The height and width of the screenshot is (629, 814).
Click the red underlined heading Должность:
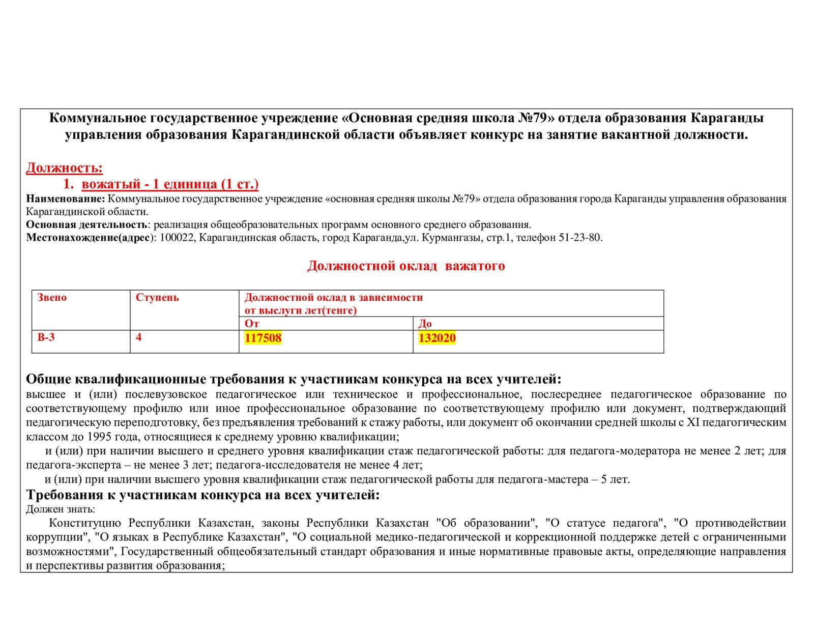click(x=64, y=167)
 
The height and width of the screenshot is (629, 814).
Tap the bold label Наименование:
click(x=66, y=198)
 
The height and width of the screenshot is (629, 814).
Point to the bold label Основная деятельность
click(x=86, y=224)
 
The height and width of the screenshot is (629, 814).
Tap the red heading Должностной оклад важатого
click(x=406, y=266)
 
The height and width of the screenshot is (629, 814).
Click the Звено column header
click(x=52, y=298)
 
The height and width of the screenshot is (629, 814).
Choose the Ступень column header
click(x=157, y=298)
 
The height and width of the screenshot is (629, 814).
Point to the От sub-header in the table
click(x=252, y=324)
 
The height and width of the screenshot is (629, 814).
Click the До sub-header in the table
click(x=425, y=324)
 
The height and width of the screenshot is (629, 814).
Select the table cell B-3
click(x=46, y=337)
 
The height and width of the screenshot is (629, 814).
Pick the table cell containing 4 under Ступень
click(x=139, y=337)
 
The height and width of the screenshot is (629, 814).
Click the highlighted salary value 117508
click(x=263, y=338)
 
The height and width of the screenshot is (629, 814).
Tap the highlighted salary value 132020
click(x=437, y=338)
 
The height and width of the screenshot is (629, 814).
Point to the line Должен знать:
click(x=61, y=509)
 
